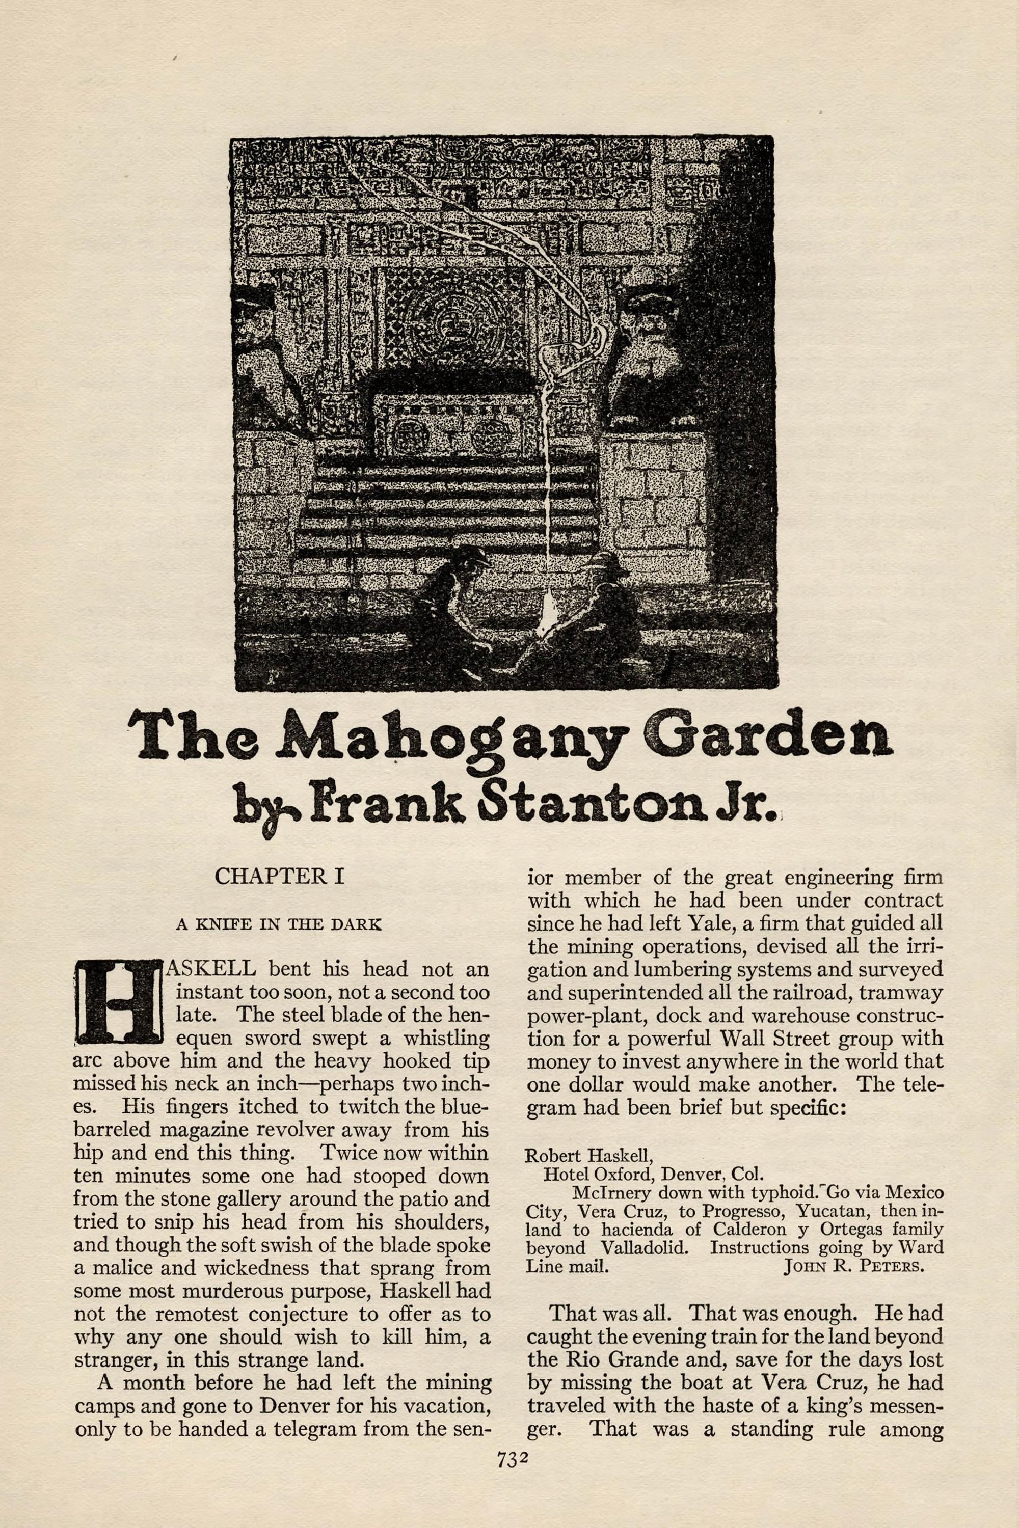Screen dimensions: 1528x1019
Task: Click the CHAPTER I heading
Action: tap(279, 877)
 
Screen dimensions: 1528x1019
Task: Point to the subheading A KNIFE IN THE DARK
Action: tap(279, 924)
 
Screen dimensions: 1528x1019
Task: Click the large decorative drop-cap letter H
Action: tap(118, 1001)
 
